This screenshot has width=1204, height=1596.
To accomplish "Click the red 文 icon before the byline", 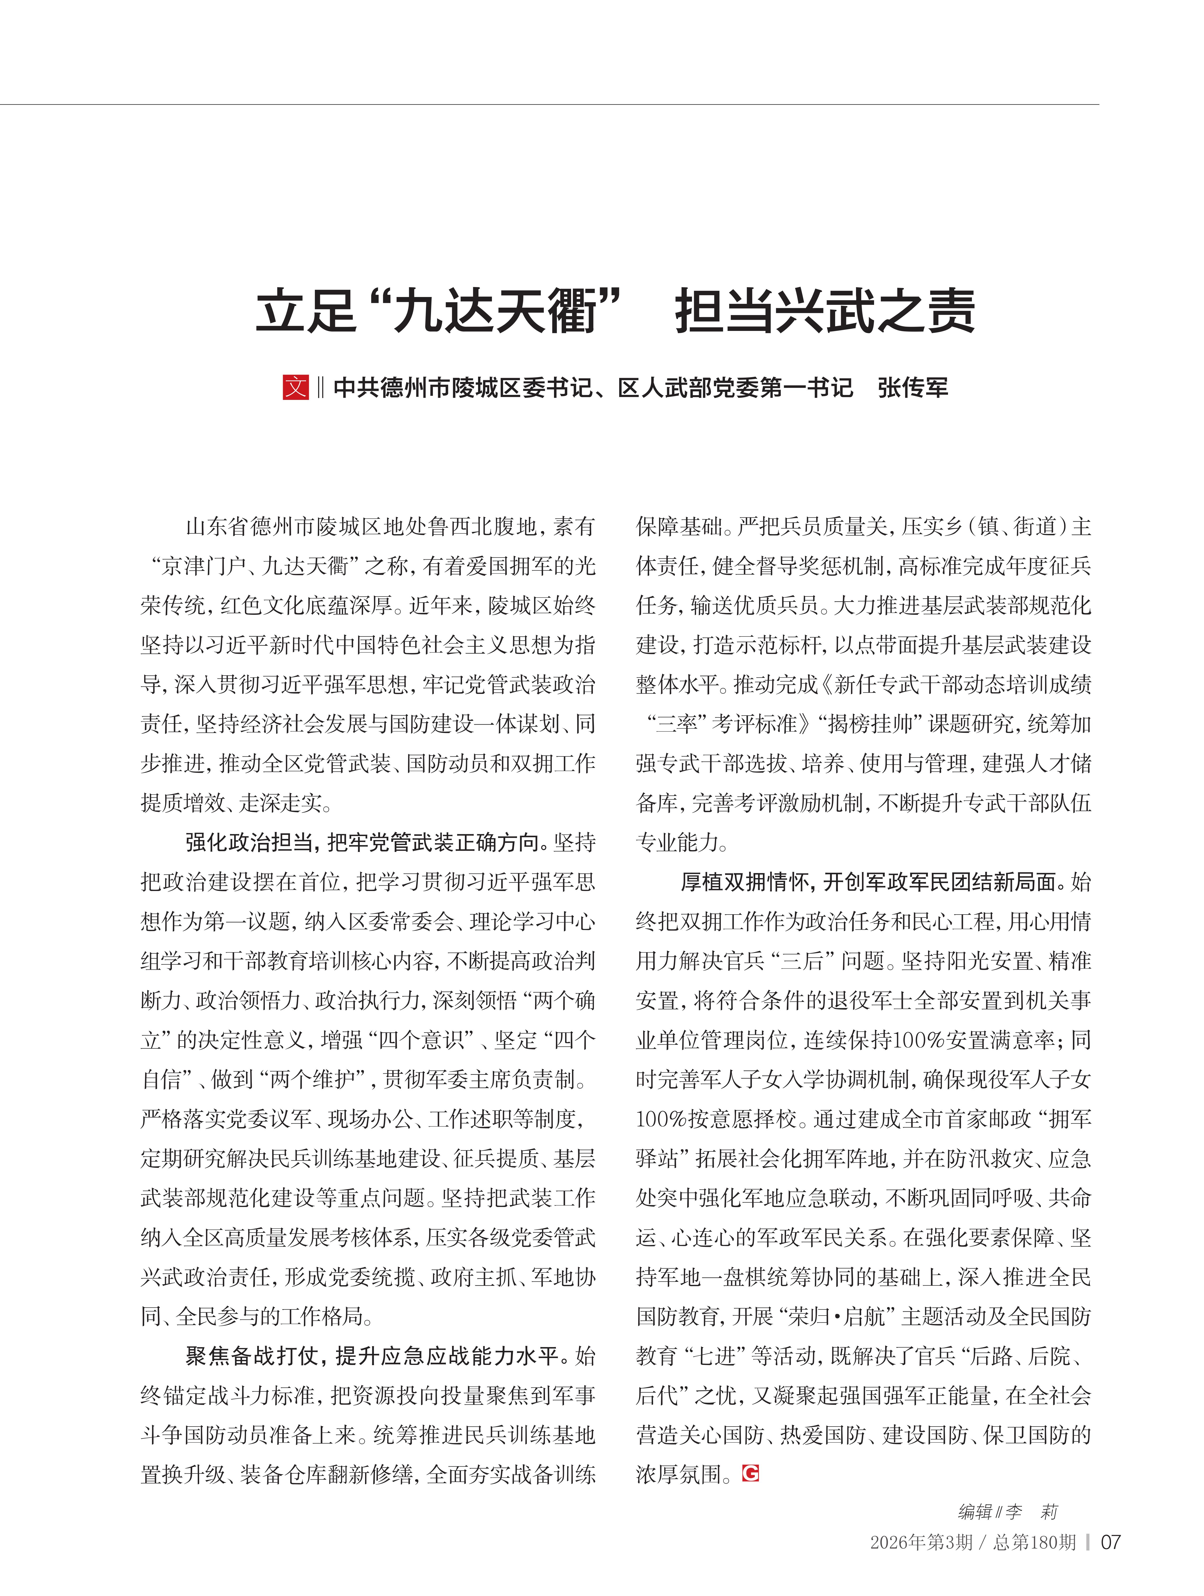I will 295,388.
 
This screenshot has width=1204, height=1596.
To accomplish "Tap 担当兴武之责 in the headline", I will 824,312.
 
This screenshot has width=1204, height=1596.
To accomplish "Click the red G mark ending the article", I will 750,1473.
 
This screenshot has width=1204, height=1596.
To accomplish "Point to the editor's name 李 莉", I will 1032,1511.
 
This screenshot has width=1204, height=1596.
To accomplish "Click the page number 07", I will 1110,1543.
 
